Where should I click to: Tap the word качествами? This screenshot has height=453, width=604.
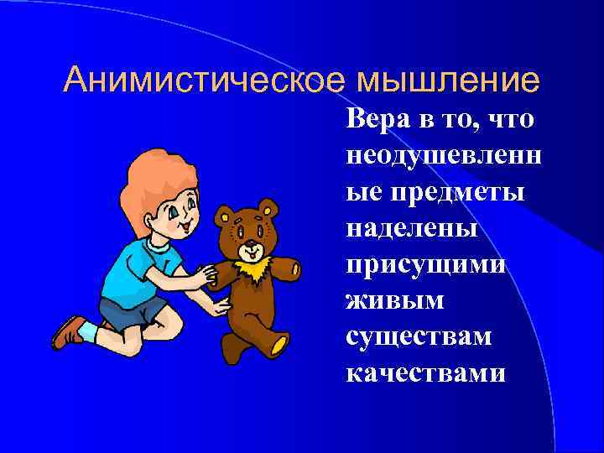point(426,372)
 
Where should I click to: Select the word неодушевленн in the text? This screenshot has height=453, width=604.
point(442,156)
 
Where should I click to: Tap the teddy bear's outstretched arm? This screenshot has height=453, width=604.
point(285,268)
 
